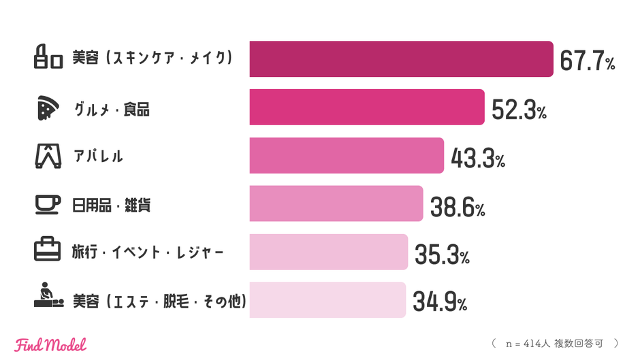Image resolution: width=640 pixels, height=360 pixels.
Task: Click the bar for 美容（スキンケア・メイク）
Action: [x=401, y=59]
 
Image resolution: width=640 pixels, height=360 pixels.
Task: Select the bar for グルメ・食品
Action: [x=367, y=107]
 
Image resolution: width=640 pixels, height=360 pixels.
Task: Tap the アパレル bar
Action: [x=347, y=155]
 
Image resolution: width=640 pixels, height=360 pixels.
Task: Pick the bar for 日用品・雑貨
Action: [x=336, y=203]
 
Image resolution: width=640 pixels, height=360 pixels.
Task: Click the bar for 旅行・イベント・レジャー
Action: [x=328, y=252]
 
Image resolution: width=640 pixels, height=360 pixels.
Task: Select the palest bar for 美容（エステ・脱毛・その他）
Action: [x=327, y=299]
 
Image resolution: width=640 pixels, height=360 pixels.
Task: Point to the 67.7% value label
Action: [x=588, y=61]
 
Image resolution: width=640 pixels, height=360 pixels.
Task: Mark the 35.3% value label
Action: [x=442, y=255]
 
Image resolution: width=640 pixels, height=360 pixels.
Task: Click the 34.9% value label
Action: [x=440, y=303]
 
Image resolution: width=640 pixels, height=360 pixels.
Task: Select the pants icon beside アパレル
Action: [x=48, y=156]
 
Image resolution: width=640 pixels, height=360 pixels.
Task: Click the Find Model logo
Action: [x=50, y=344]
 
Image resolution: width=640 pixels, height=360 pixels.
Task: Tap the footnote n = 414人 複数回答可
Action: [x=554, y=344]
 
